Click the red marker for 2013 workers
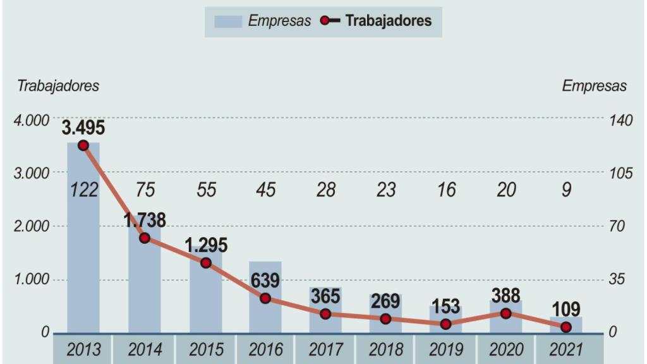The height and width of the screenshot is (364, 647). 83,145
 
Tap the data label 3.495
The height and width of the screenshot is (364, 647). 83,128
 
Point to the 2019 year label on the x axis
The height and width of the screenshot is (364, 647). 445,349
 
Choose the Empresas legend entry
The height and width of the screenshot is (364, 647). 263,21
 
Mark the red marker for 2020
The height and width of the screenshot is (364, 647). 505,313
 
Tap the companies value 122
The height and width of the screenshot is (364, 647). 83,190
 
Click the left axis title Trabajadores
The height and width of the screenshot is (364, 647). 58,87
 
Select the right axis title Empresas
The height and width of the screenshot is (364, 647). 594,87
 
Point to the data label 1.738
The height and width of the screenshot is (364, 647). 145,221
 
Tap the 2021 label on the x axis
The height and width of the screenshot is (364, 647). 566,349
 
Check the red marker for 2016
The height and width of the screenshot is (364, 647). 265,298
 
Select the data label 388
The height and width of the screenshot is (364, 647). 505,296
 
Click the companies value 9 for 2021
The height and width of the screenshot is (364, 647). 566,190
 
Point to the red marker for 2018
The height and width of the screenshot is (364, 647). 385,319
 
